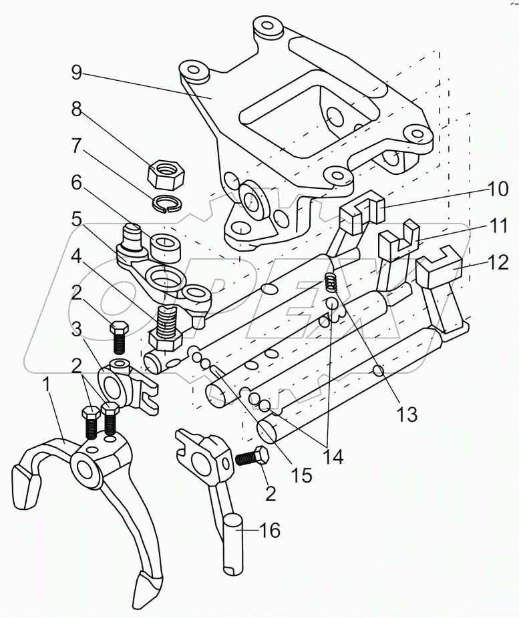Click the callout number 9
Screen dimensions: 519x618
(77, 72)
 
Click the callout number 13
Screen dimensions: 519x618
(407, 414)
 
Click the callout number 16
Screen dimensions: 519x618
(269, 530)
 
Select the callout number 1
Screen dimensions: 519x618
(47, 384)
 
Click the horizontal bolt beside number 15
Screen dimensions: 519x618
(252, 458)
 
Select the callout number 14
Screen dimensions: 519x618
(333, 456)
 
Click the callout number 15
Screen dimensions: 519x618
(302, 475)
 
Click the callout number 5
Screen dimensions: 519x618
(77, 220)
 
